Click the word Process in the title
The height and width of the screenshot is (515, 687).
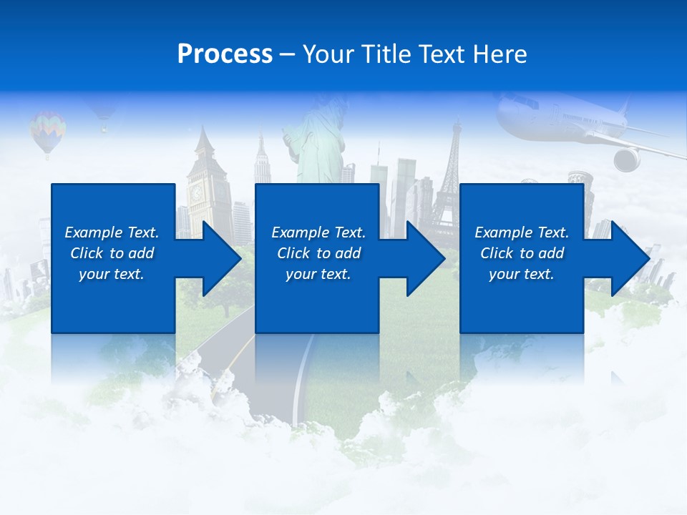pos(225,54)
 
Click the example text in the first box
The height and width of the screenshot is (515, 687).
pos(112,253)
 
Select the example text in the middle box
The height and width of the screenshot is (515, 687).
pos(318,253)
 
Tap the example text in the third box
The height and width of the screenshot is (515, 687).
pos(522,253)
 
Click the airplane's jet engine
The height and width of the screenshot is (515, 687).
pos(626,159)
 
